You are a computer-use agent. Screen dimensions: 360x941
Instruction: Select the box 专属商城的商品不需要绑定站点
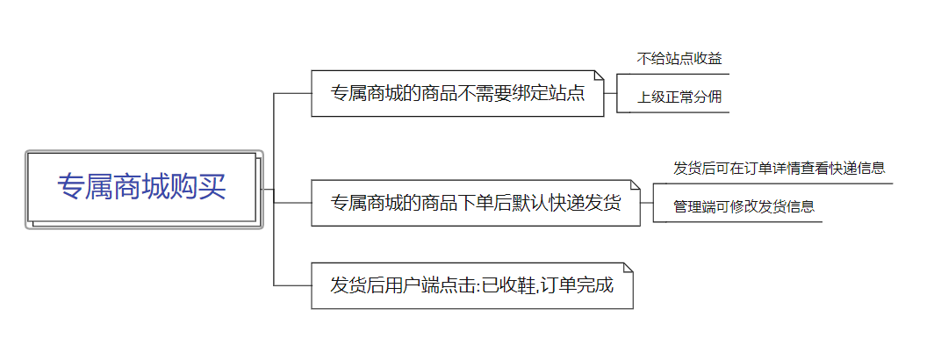[x=457, y=93]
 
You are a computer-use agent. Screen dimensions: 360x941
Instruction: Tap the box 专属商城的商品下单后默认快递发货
[x=475, y=204]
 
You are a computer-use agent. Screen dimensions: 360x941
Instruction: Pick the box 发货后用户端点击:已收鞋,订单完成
[x=471, y=285]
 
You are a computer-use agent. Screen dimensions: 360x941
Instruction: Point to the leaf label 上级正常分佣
[x=679, y=97]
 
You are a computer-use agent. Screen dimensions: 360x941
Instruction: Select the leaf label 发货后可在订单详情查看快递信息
[x=779, y=168]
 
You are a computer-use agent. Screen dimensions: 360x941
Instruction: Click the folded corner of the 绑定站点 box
[x=600, y=76]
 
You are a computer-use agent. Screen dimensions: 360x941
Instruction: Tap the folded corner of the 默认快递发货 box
[x=636, y=186]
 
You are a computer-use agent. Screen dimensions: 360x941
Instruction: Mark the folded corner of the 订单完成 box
[x=628, y=268]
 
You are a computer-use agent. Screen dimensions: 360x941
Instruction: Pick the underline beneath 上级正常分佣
[x=672, y=112]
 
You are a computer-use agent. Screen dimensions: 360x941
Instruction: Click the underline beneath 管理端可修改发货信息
[x=737, y=222]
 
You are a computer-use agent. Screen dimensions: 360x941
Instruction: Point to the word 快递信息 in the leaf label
[x=857, y=168]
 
